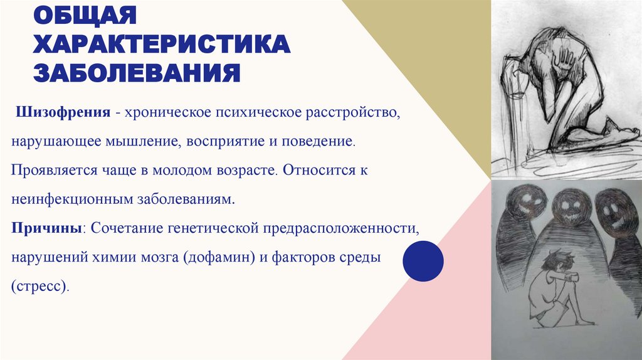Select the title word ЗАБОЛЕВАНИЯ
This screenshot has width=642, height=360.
click(137, 72)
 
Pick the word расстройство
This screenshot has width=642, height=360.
click(350, 114)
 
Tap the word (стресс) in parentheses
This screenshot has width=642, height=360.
click(39, 286)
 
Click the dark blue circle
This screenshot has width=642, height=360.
click(423, 262)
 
